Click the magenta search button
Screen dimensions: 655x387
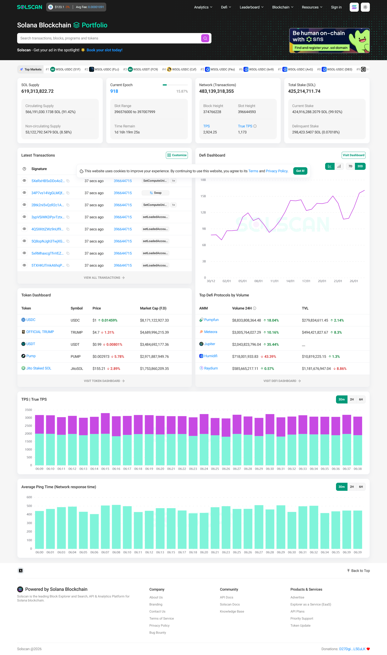coord(205,38)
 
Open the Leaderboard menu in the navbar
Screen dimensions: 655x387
coord(251,7)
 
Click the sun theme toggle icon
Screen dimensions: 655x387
coord(365,7)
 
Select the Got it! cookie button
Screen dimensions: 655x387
coord(300,171)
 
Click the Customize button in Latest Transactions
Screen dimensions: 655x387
coord(177,155)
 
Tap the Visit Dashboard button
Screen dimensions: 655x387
coord(353,155)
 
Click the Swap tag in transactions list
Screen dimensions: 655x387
coord(155,193)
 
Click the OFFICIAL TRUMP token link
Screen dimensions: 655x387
coord(40,332)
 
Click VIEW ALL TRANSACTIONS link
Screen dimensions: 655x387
coord(104,278)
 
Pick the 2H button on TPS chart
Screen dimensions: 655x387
coord(352,399)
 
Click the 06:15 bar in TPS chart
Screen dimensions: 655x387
coord(105,440)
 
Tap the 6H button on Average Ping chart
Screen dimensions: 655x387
coord(361,487)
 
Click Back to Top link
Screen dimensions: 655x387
coord(358,571)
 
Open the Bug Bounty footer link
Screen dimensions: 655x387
coord(157,633)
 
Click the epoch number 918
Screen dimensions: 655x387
coord(114,91)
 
